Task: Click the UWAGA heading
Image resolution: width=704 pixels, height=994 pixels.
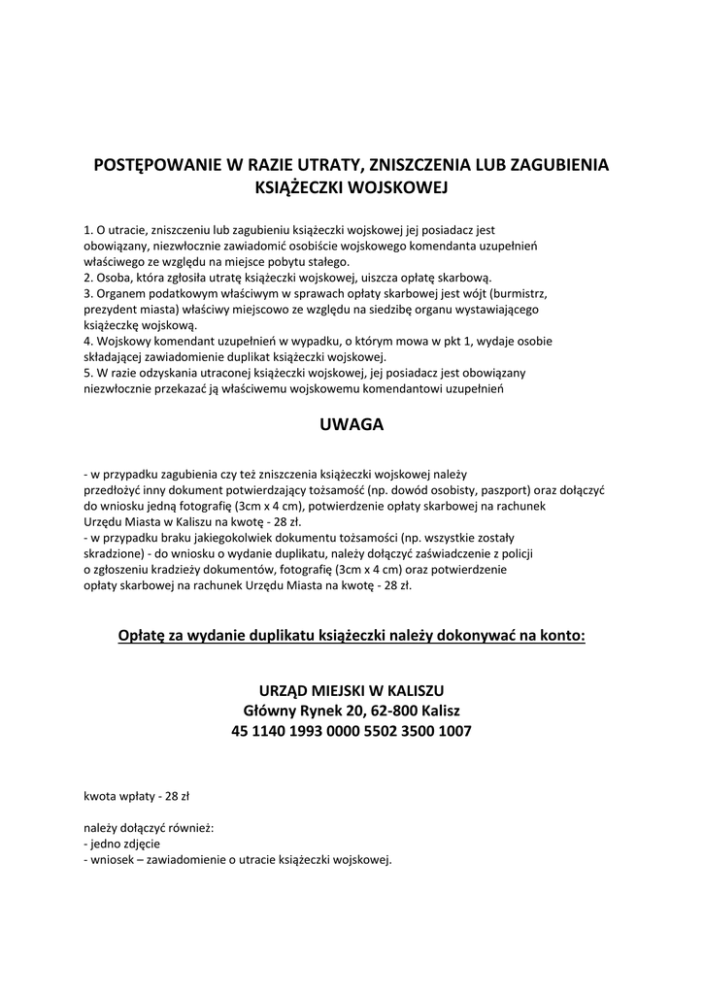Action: (352, 424)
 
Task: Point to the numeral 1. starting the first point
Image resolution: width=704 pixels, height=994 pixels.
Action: (88, 231)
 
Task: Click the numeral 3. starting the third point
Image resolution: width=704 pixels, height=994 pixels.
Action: (88, 293)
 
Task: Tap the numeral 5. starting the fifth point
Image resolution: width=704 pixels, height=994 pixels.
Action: (88, 372)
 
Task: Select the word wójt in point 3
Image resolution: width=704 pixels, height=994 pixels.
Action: (474, 293)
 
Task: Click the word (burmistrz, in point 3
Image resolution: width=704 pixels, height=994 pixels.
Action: (520, 293)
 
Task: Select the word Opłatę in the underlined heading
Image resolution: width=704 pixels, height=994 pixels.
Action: (141, 637)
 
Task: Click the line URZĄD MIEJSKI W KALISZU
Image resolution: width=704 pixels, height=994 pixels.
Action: (352, 690)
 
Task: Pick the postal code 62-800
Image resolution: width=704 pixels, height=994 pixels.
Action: (378, 711)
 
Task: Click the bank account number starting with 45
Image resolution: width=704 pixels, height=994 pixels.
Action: (352, 731)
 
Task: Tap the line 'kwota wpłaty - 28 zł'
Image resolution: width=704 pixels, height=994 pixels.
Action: (137, 796)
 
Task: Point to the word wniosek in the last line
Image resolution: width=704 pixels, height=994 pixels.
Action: (114, 860)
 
